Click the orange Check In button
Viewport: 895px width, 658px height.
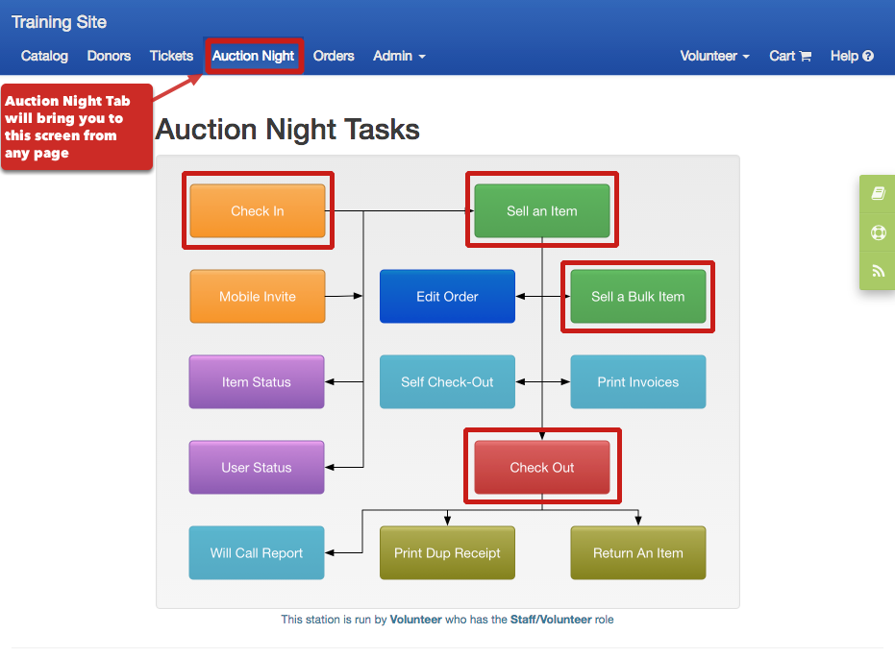(258, 211)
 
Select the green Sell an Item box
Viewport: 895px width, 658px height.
(541, 211)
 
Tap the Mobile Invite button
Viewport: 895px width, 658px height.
(258, 297)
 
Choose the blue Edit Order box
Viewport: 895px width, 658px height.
(448, 297)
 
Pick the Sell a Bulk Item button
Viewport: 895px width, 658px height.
(638, 297)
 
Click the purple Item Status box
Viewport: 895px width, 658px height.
(257, 382)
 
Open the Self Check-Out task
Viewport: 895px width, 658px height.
(448, 382)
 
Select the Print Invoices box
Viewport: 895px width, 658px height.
(638, 382)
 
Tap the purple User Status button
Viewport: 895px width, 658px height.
(257, 468)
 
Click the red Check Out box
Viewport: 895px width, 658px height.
(541, 468)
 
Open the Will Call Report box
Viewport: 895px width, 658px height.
(257, 553)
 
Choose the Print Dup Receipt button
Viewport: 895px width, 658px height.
(448, 553)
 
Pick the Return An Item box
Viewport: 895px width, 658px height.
(638, 553)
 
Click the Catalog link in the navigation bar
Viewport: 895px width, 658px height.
(44, 56)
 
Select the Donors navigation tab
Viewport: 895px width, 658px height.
(109, 56)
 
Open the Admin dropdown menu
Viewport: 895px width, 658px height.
(400, 56)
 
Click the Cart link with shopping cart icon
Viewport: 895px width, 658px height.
(790, 56)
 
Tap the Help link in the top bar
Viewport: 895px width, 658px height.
(852, 56)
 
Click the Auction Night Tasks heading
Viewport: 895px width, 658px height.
(287, 130)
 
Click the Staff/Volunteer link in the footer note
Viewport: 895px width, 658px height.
(551, 620)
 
